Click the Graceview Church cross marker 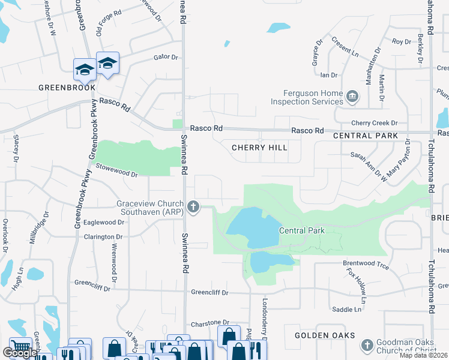pos(193,208)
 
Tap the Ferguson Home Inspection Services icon pos(352,95)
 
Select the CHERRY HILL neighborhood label pos(259,148)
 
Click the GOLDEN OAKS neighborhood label pos(325,335)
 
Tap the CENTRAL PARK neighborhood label pos(366,136)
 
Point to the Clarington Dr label pos(103,238)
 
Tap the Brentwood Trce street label pos(366,264)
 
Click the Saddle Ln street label pos(347,310)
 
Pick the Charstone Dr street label pos(210,323)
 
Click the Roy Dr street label pos(402,42)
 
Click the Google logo pos(19,353)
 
